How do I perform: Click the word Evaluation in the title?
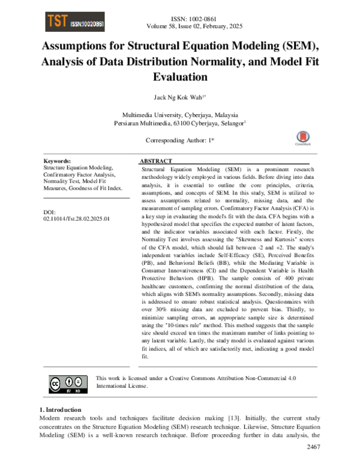pyautogui.click(x=179, y=77)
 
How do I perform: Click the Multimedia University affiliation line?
pyautogui.click(x=179, y=115)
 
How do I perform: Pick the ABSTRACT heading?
pyautogui.click(x=156, y=162)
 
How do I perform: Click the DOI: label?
pyautogui.click(x=50, y=212)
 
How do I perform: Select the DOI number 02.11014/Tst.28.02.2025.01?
pyautogui.click(x=76, y=219)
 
